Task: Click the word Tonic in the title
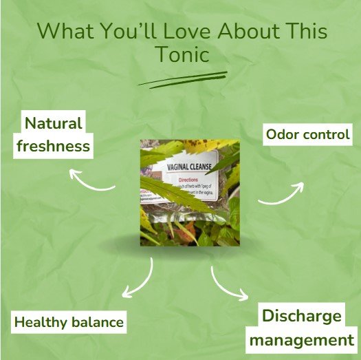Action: pos(181,55)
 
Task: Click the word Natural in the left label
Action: pos(53,124)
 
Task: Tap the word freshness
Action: pos(54,146)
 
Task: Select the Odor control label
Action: pos(307,134)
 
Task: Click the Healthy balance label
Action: pos(69,322)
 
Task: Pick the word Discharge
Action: pos(301,316)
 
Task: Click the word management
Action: pos(301,339)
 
